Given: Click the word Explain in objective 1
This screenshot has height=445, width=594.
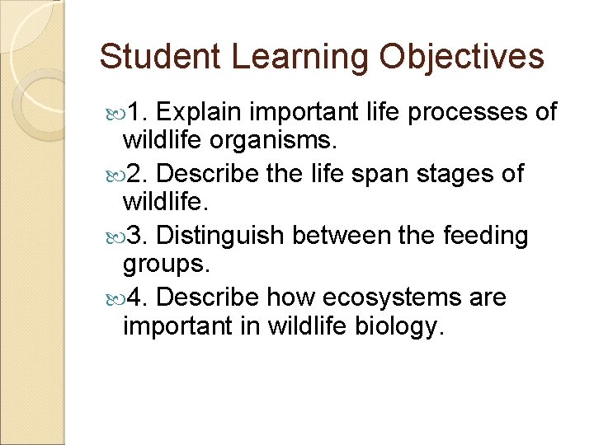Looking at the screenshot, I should pyautogui.click(x=200, y=112).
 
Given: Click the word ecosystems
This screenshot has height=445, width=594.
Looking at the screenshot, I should pyautogui.click(x=388, y=297).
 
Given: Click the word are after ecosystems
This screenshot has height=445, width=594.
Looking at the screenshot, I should pyautogui.click(x=488, y=297).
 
